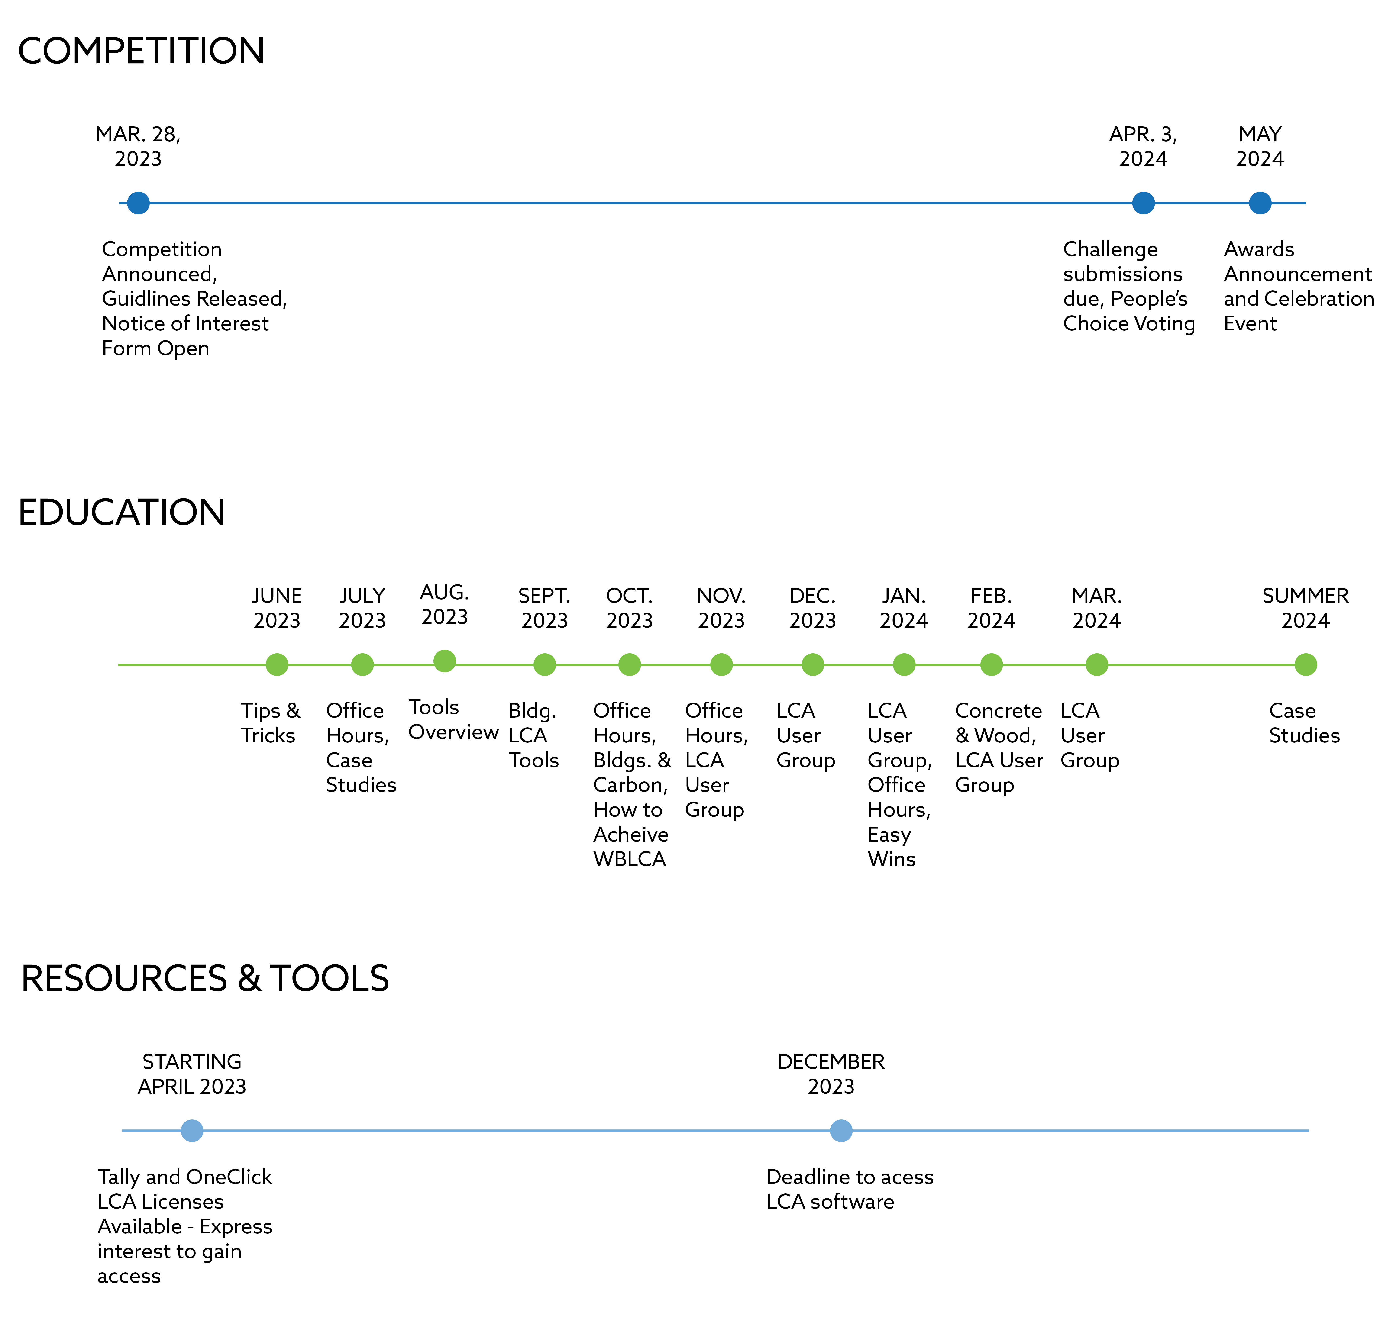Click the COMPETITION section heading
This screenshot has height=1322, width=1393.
[x=141, y=51]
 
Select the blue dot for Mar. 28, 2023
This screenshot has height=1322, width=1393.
[x=138, y=203]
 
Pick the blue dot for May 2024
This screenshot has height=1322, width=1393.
[x=1260, y=203]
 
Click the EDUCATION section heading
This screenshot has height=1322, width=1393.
[x=121, y=512]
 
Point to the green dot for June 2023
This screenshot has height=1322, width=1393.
[x=277, y=664]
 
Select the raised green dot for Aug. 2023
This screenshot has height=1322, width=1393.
[x=444, y=661]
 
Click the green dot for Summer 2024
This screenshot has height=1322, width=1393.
[x=1306, y=664]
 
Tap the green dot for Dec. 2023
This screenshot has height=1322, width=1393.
[x=813, y=664]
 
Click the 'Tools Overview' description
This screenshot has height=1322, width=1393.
[x=453, y=719]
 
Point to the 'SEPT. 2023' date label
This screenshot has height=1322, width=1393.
[x=544, y=608]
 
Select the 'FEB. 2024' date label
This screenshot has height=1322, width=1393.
[x=991, y=608]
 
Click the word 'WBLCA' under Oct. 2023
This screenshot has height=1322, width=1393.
[x=630, y=859]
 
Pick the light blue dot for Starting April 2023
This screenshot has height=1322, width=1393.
[x=192, y=1131]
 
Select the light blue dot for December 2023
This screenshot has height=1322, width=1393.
[x=841, y=1131]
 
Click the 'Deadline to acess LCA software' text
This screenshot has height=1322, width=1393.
[x=850, y=1190]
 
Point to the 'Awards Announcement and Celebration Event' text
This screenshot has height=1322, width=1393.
[x=1299, y=286]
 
